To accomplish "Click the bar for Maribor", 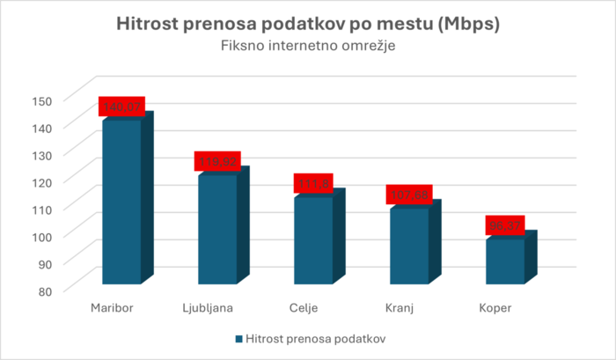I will [x=121, y=202].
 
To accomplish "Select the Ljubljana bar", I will [x=217, y=229].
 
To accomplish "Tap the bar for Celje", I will [x=313, y=239].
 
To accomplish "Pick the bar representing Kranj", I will [x=409, y=246].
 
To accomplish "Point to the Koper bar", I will [x=505, y=261].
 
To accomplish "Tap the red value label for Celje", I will [x=313, y=183].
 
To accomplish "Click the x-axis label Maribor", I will [x=111, y=307].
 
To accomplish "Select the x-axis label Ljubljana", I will [x=208, y=307].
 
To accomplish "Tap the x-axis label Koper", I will [x=495, y=307].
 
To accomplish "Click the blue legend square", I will [x=239, y=338].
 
